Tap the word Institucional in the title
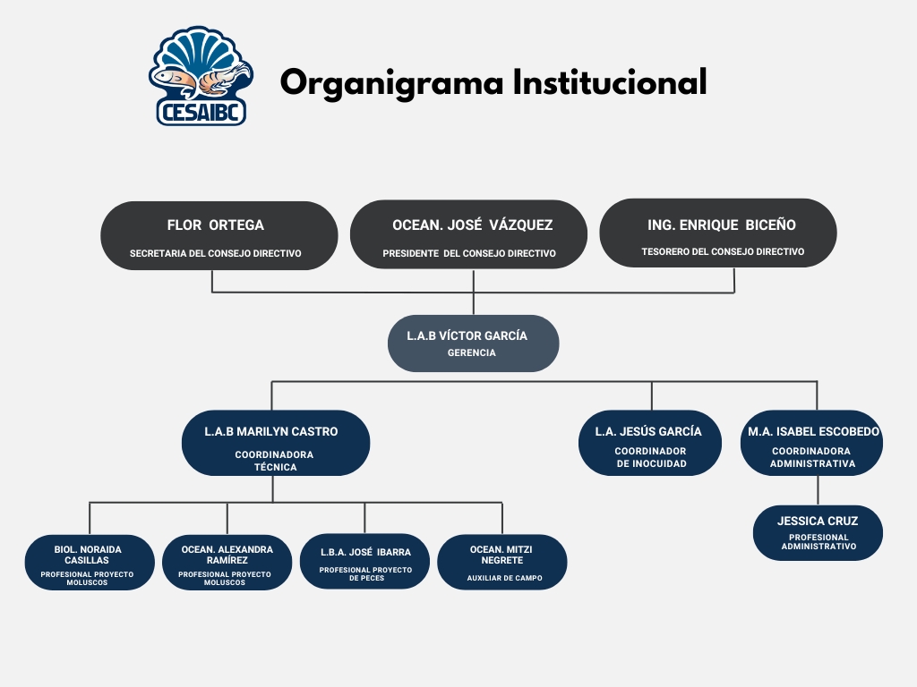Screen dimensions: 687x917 click(609, 82)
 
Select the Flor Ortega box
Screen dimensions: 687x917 click(219, 235)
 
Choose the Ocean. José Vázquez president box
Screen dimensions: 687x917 click(468, 234)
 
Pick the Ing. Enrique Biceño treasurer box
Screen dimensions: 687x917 click(718, 233)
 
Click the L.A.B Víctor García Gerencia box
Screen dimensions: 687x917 click(473, 343)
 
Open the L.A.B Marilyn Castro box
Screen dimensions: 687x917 click(275, 443)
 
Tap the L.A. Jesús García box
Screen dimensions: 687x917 click(650, 443)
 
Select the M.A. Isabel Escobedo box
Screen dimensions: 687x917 click(811, 443)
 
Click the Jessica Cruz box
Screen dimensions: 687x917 click(818, 532)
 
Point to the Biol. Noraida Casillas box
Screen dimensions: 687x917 click(90, 562)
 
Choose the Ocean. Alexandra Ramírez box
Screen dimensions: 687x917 click(227, 562)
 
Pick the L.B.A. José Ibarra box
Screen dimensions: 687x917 click(365, 562)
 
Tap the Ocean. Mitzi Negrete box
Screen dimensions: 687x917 click(502, 562)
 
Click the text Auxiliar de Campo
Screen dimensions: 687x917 click(504, 579)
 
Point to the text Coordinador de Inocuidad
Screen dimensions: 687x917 click(651, 457)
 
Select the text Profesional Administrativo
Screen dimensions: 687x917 click(818, 542)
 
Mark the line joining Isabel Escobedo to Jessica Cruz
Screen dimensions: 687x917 click(818, 490)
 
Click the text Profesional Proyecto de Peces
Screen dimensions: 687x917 click(365, 573)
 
